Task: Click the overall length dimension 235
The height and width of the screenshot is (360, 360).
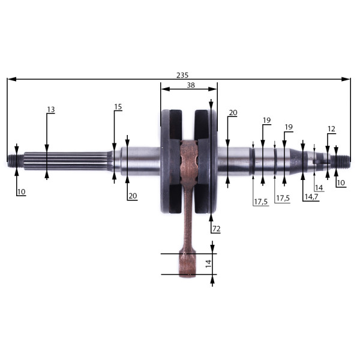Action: [x=182, y=75]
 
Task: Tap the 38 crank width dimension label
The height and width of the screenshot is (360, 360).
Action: [x=191, y=85]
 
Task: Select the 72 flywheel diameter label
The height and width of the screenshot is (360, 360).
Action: [x=216, y=229]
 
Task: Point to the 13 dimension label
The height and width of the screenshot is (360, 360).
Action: [x=51, y=110]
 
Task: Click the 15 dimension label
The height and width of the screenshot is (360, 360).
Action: [x=118, y=107]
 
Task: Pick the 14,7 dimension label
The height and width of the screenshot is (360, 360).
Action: [x=311, y=197]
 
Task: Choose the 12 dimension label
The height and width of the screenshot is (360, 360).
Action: [x=331, y=129]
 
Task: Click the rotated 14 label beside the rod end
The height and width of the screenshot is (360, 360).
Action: [x=208, y=263]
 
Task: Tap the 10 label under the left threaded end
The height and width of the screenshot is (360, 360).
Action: [x=22, y=192]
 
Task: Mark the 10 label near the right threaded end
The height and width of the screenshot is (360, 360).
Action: [x=341, y=183]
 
